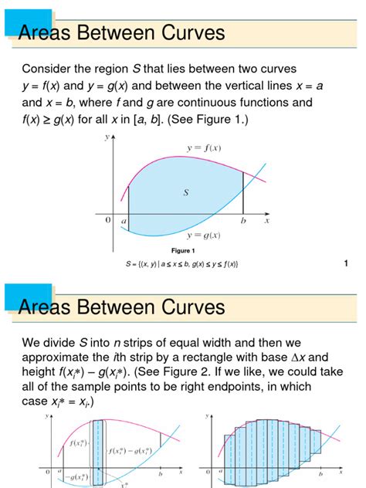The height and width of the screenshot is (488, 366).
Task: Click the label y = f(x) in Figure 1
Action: coord(205,147)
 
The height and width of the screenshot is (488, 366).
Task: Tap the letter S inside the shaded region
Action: coord(186,192)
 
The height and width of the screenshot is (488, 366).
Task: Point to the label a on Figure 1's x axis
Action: coord(124,221)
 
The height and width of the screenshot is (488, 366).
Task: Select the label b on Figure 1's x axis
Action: coord(243,221)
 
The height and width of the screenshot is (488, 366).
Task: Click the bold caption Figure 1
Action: coord(183,250)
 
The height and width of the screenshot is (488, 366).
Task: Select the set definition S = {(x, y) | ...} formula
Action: coord(182,264)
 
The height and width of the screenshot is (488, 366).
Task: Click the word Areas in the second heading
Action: coord(43,307)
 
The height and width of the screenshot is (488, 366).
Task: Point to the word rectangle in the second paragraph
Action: coord(208,358)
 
